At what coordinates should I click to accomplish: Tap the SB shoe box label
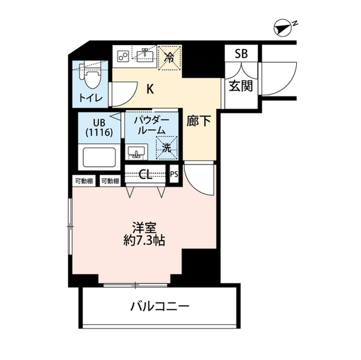coord(241,54)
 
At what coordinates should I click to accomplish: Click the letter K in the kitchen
coord(151,88)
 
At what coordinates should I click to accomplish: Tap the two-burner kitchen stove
coord(123,56)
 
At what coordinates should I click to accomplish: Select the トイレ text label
coord(90,97)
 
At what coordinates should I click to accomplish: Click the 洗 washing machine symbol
coord(168,149)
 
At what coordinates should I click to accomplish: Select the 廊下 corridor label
coord(200,121)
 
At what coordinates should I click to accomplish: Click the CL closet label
coord(146,175)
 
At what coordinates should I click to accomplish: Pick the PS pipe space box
coord(174,174)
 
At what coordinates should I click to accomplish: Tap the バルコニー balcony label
coord(160,308)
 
